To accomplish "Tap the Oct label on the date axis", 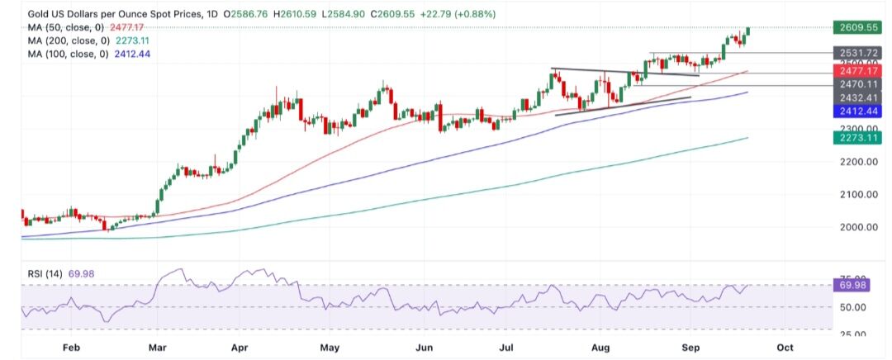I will click(785, 348).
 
